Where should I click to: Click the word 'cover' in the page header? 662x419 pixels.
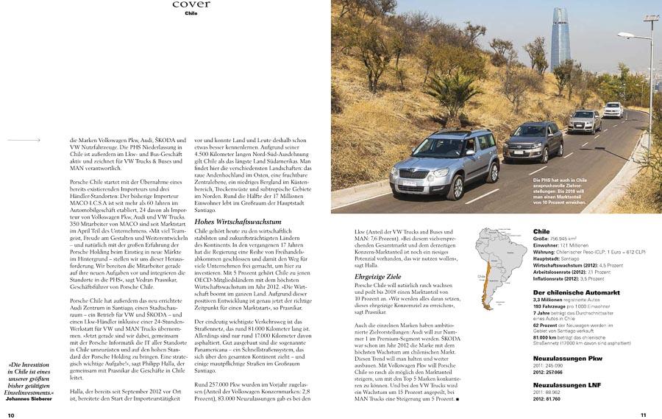pos(191,4)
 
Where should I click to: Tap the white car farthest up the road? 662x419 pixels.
pos(613,110)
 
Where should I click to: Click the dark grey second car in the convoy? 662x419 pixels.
pos(534,141)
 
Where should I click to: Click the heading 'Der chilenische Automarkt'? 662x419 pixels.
pos(576,292)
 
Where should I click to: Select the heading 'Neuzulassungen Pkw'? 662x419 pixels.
pos(567,357)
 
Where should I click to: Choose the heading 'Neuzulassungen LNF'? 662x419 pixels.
pos(566,385)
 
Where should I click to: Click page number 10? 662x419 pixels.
pos(11,415)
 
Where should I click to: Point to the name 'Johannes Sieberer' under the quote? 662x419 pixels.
pos(29,399)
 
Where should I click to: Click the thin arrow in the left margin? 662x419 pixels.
pos(25,139)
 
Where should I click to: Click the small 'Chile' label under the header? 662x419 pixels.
pos(191,13)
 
